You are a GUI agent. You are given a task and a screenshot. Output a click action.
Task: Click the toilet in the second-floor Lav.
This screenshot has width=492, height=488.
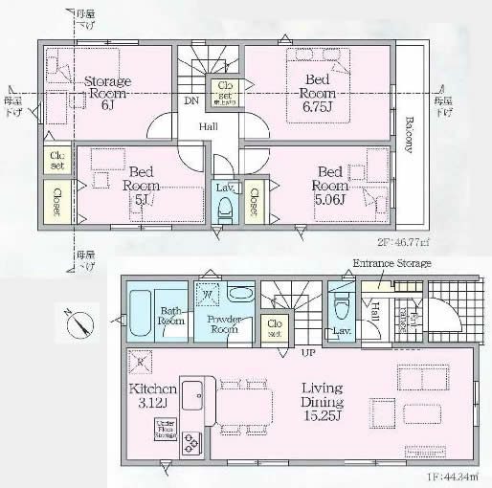click(x=225, y=210)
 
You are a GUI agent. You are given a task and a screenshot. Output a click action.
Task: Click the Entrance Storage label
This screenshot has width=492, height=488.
click(x=391, y=263)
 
